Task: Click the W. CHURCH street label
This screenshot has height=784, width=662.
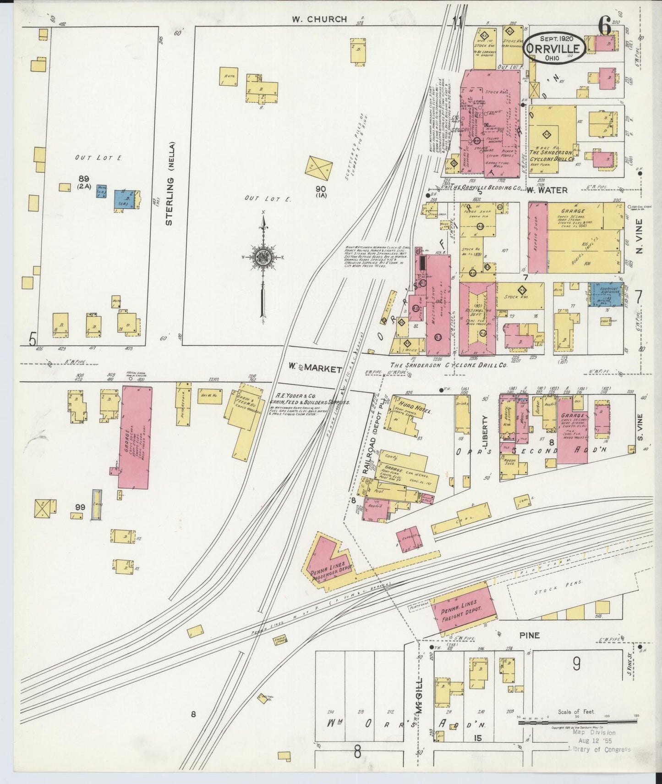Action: [x=320, y=19]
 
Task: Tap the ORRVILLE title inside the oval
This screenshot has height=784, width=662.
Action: [x=554, y=48]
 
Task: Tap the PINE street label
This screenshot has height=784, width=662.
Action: [x=529, y=635]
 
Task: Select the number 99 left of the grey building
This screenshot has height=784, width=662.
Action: [x=80, y=507]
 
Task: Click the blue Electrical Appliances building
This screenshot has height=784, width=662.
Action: [x=603, y=293]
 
